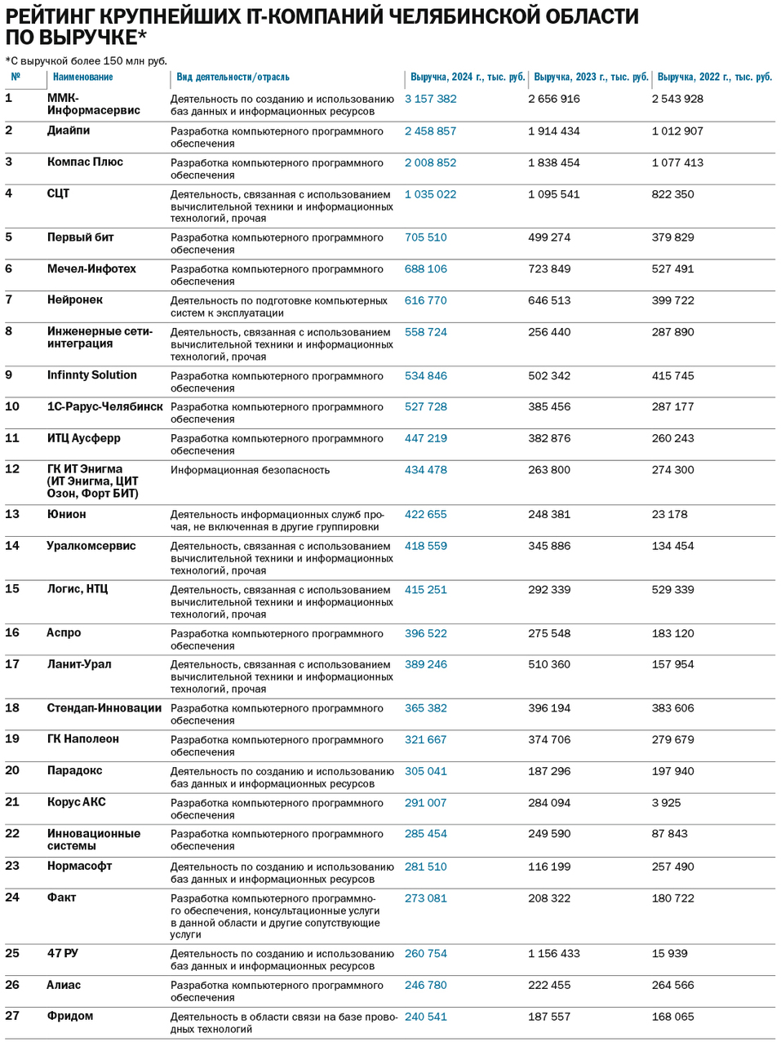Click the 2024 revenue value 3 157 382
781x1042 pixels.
(x=430, y=99)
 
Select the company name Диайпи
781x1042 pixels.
(x=69, y=131)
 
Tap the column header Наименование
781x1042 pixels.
(x=83, y=77)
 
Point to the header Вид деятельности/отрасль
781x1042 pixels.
(x=233, y=77)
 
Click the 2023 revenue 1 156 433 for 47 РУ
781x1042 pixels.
(x=553, y=953)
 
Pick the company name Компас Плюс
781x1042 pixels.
(x=85, y=162)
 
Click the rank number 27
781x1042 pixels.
(x=12, y=1016)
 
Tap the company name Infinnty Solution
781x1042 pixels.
(x=92, y=375)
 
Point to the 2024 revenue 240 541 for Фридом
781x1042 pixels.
(x=425, y=1017)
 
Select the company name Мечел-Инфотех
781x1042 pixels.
(x=91, y=268)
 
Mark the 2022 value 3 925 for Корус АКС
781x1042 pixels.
(x=666, y=803)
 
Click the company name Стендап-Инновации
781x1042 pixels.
(x=104, y=708)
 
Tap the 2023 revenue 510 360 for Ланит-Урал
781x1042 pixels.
(x=549, y=664)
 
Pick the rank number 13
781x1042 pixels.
(x=12, y=514)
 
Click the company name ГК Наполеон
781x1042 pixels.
(x=83, y=739)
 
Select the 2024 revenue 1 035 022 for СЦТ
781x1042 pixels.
(x=430, y=194)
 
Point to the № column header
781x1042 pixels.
(x=16, y=77)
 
